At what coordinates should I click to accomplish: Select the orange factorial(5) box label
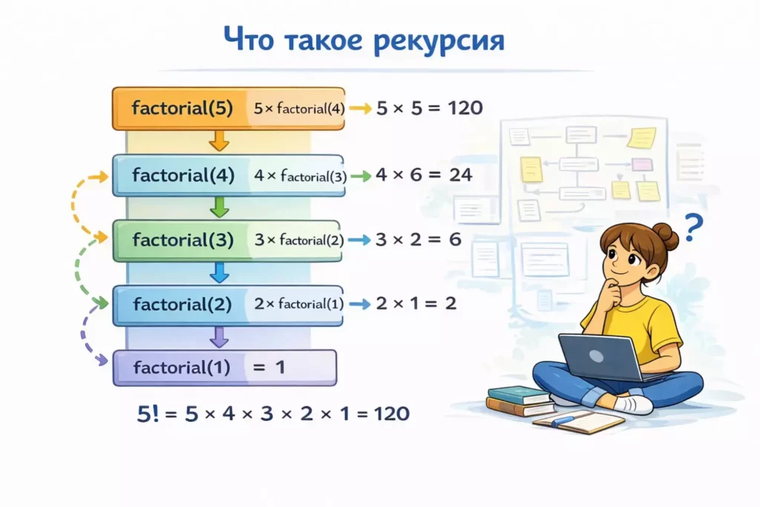(183, 108)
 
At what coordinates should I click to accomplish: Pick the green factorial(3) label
(183, 240)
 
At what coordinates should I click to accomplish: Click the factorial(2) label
(183, 304)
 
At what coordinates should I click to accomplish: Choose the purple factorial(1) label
(182, 367)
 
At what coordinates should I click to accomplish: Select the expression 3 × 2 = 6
(419, 240)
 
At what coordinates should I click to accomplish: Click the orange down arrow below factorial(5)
(219, 140)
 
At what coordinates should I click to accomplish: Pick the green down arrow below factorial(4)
(219, 206)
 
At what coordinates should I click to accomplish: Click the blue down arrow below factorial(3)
(219, 272)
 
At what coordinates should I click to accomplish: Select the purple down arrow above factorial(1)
(219, 337)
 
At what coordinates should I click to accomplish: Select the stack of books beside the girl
(520, 401)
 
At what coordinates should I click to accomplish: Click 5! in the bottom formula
(147, 413)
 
